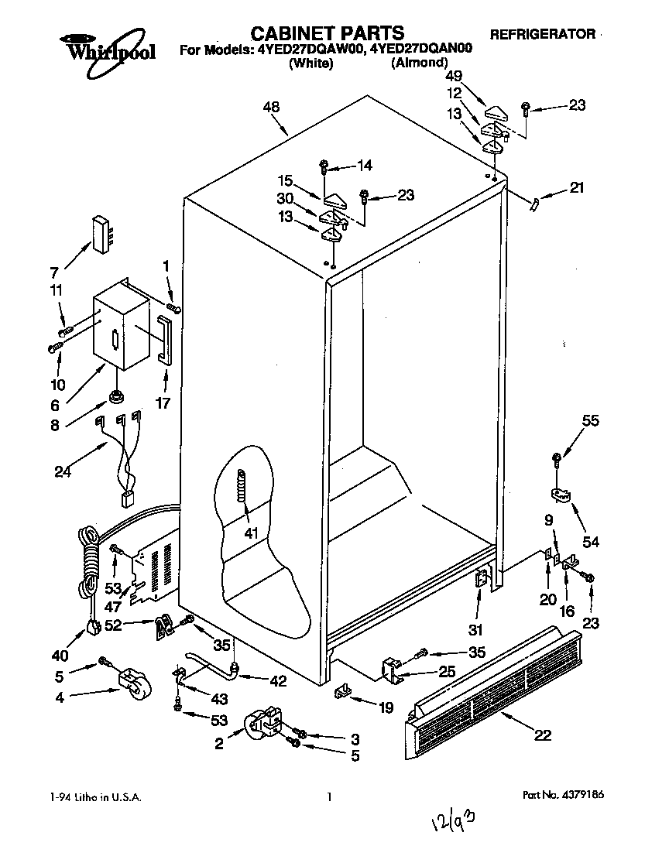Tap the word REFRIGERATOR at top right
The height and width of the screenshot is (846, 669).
pyautogui.click(x=542, y=34)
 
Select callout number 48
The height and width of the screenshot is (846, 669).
pyautogui.click(x=271, y=107)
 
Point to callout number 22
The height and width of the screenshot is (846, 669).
pyautogui.click(x=543, y=735)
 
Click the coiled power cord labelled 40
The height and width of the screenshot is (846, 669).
pyautogui.click(x=90, y=561)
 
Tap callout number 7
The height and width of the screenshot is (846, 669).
pyautogui.click(x=55, y=273)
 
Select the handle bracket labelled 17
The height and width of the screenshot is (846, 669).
pyautogui.click(x=163, y=339)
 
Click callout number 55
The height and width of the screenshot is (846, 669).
pyautogui.click(x=590, y=421)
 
